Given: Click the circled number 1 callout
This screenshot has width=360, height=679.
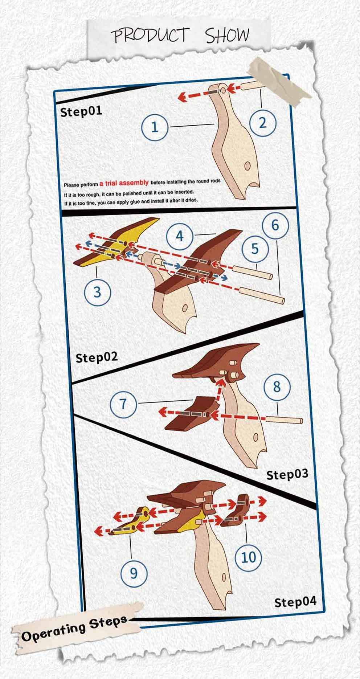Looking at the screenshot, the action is click(x=155, y=127).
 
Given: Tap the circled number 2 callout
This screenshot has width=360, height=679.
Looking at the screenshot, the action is click(x=262, y=123).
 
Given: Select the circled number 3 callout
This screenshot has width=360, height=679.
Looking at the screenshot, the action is click(x=97, y=291).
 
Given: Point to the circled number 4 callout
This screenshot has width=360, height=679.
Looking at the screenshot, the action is click(x=180, y=236).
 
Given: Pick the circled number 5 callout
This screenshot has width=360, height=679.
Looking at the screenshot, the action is click(x=255, y=249).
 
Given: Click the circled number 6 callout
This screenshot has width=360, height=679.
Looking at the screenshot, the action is click(x=275, y=225).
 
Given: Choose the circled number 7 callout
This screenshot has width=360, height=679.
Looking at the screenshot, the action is click(x=124, y=404).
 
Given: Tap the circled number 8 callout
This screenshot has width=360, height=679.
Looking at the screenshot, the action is click(x=277, y=387).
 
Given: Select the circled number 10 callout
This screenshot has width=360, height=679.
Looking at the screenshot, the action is click(x=249, y=557).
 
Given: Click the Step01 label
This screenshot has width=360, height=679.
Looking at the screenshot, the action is click(x=81, y=111).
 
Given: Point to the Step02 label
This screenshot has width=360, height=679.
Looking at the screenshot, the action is click(x=97, y=357).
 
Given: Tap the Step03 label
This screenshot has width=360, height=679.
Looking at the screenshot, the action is click(x=287, y=474).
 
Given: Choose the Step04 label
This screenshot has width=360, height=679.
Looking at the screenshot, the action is click(x=295, y=602).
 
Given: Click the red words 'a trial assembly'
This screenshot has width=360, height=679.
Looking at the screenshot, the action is click(x=124, y=183).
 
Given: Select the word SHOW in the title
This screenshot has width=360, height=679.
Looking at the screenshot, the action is click(x=228, y=35).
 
